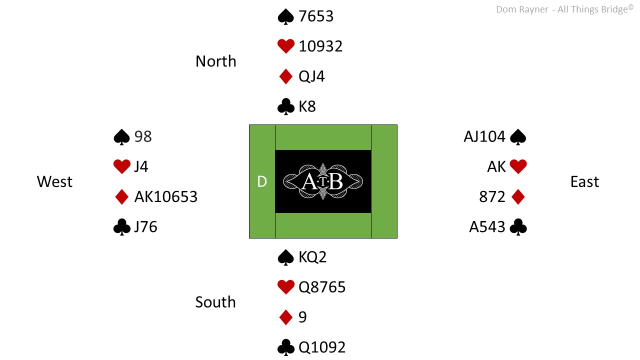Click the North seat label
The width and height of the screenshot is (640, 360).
216,61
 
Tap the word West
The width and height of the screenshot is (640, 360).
54,181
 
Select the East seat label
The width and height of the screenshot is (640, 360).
584,181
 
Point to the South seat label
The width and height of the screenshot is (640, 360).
215,302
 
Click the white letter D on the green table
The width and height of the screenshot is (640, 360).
262,181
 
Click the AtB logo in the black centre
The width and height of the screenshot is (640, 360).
323,181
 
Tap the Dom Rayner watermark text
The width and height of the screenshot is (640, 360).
564,9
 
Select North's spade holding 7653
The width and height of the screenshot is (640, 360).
316,16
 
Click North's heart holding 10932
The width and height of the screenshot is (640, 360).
320,46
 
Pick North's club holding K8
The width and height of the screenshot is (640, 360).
307,106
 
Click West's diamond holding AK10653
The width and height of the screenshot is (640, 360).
166,197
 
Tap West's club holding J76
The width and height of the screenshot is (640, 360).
145,227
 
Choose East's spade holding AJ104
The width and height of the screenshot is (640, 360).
484,136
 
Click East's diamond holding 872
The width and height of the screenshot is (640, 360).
492,197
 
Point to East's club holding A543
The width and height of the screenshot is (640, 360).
487,227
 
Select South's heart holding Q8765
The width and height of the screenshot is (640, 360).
322,287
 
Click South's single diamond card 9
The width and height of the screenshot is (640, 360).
302,317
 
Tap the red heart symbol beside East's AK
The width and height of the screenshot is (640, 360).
518,166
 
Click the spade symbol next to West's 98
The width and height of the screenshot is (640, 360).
121,137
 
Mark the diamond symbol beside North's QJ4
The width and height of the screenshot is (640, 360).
285,76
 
